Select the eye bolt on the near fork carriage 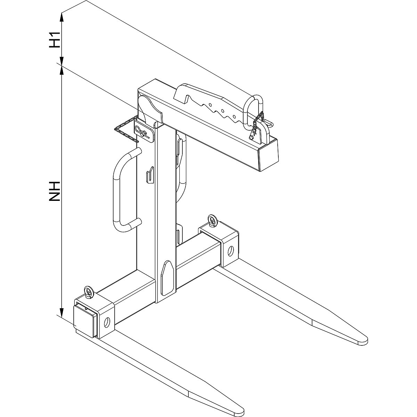[89, 292]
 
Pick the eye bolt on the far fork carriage [212, 221]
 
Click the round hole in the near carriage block [108, 323]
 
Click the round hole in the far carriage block [230, 250]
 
